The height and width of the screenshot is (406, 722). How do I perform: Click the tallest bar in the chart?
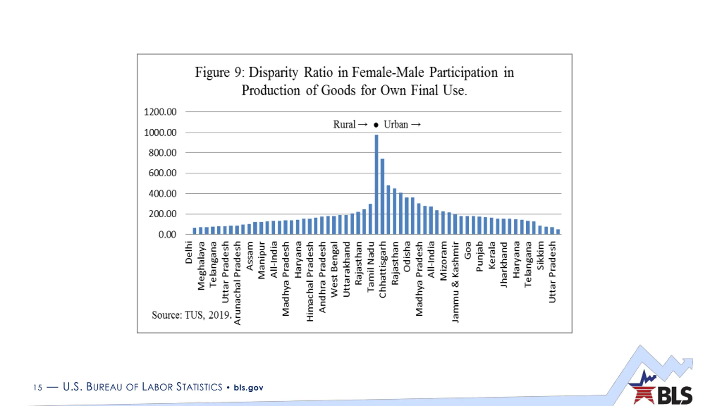coord(376,185)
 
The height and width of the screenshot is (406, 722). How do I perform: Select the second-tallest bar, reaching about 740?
coord(382,197)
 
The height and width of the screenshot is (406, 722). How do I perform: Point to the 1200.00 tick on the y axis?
coord(160,112)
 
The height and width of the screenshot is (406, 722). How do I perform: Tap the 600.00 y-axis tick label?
coord(162,173)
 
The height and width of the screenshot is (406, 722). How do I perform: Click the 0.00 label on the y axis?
coord(167,235)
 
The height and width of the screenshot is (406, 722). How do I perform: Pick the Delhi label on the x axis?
coord(189,252)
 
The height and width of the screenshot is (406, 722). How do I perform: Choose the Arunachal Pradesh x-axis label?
coord(237,283)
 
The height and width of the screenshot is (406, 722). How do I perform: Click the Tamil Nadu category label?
coord(371,267)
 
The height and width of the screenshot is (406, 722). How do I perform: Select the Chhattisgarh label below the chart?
coord(382,270)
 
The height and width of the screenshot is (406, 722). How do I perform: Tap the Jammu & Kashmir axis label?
coord(455,282)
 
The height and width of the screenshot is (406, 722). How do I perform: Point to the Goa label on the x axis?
coord(468,250)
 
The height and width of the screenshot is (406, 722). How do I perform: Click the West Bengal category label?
coord(334,270)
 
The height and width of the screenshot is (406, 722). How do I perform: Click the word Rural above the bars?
coord(344,124)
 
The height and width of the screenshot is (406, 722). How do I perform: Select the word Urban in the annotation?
coord(396,124)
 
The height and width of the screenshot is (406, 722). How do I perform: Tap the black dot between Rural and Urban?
coord(376,125)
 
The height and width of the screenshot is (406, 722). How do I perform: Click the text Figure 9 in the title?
coord(218,72)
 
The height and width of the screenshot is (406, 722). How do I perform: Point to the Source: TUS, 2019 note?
coord(191,315)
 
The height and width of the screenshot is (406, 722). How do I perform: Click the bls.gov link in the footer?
coord(248,388)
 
